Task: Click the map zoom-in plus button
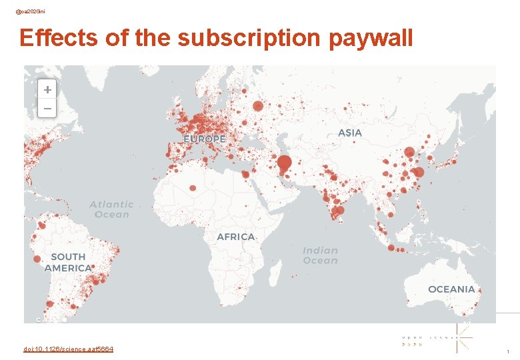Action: coord(47,89)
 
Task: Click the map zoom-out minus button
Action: coord(47,107)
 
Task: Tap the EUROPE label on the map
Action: coord(205,139)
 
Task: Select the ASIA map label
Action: coord(350,133)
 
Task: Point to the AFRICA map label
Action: coord(236,237)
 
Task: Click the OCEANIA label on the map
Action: coord(451,289)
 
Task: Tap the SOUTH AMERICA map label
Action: coord(68,262)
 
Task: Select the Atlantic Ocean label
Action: coord(111,209)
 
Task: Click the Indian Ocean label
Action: coord(320,255)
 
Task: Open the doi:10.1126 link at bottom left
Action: coord(68,349)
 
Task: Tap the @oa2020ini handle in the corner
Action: coord(31,11)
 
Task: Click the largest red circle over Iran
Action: coord(285,163)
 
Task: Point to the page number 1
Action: coord(508,351)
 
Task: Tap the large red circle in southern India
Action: coord(339,211)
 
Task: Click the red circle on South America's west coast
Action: coord(37,259)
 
